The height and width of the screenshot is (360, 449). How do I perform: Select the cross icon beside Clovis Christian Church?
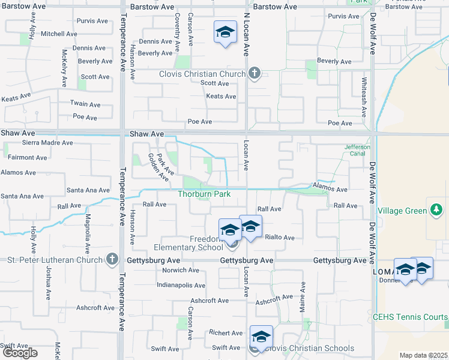point(254,74)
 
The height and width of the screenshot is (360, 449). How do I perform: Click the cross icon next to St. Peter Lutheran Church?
point(111,259)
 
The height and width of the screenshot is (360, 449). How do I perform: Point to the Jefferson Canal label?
point(357,150)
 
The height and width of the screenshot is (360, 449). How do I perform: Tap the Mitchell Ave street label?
point(59,34)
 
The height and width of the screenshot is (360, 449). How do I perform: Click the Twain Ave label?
point(83,104)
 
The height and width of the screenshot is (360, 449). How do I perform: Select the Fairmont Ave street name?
point(28,158)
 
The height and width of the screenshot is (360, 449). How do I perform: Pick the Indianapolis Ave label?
point(181,286)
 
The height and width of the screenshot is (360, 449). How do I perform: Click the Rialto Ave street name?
point(280,238)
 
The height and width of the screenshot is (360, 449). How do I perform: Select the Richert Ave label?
point(226,332)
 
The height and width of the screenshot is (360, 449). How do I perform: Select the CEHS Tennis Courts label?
point(411,317)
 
